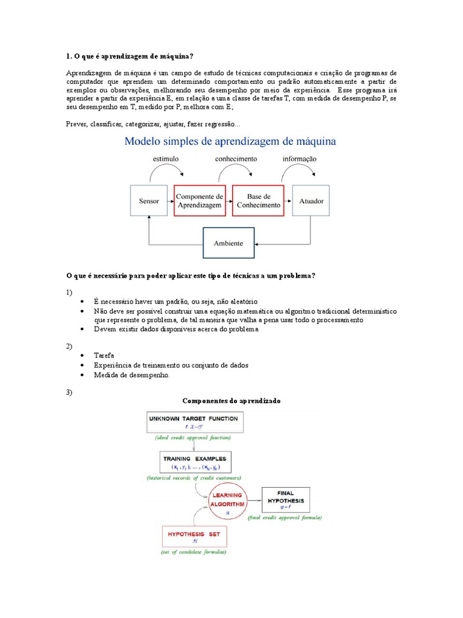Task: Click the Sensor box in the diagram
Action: click(x=149, y=201)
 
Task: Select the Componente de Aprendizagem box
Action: click(x=200, y=201)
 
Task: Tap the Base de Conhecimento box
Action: click(x=258, y=201)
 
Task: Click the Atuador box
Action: click(x=311, y=201)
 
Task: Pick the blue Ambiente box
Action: click(x=228, y=243)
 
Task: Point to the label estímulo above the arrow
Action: click(x=165, y=159)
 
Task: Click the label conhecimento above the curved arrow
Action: click(x=236, y=159)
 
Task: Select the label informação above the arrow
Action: click(x=300, y=159)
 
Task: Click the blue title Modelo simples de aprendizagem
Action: click(x=230, y=142)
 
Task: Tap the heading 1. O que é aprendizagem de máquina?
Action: click(x=130, y=57)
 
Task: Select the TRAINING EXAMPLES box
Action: click(x=197, y=462)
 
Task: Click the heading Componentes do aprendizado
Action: click(x=231, y=401)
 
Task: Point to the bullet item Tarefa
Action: click(x=104, y=355)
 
